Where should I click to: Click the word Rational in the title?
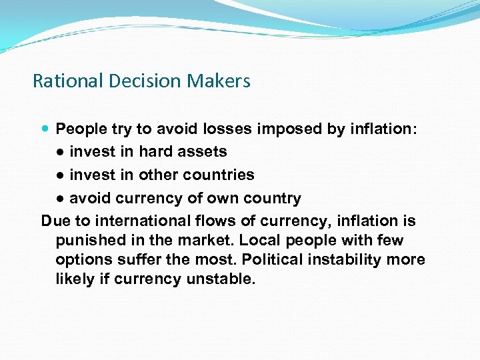click(63, 81)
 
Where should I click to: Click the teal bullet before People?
click(45, 129)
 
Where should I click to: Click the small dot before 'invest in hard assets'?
click(60, 152)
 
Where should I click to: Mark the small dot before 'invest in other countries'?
click(60, 175)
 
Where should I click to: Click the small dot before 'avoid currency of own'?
click(60, 199)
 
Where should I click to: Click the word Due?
click(55, 221)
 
